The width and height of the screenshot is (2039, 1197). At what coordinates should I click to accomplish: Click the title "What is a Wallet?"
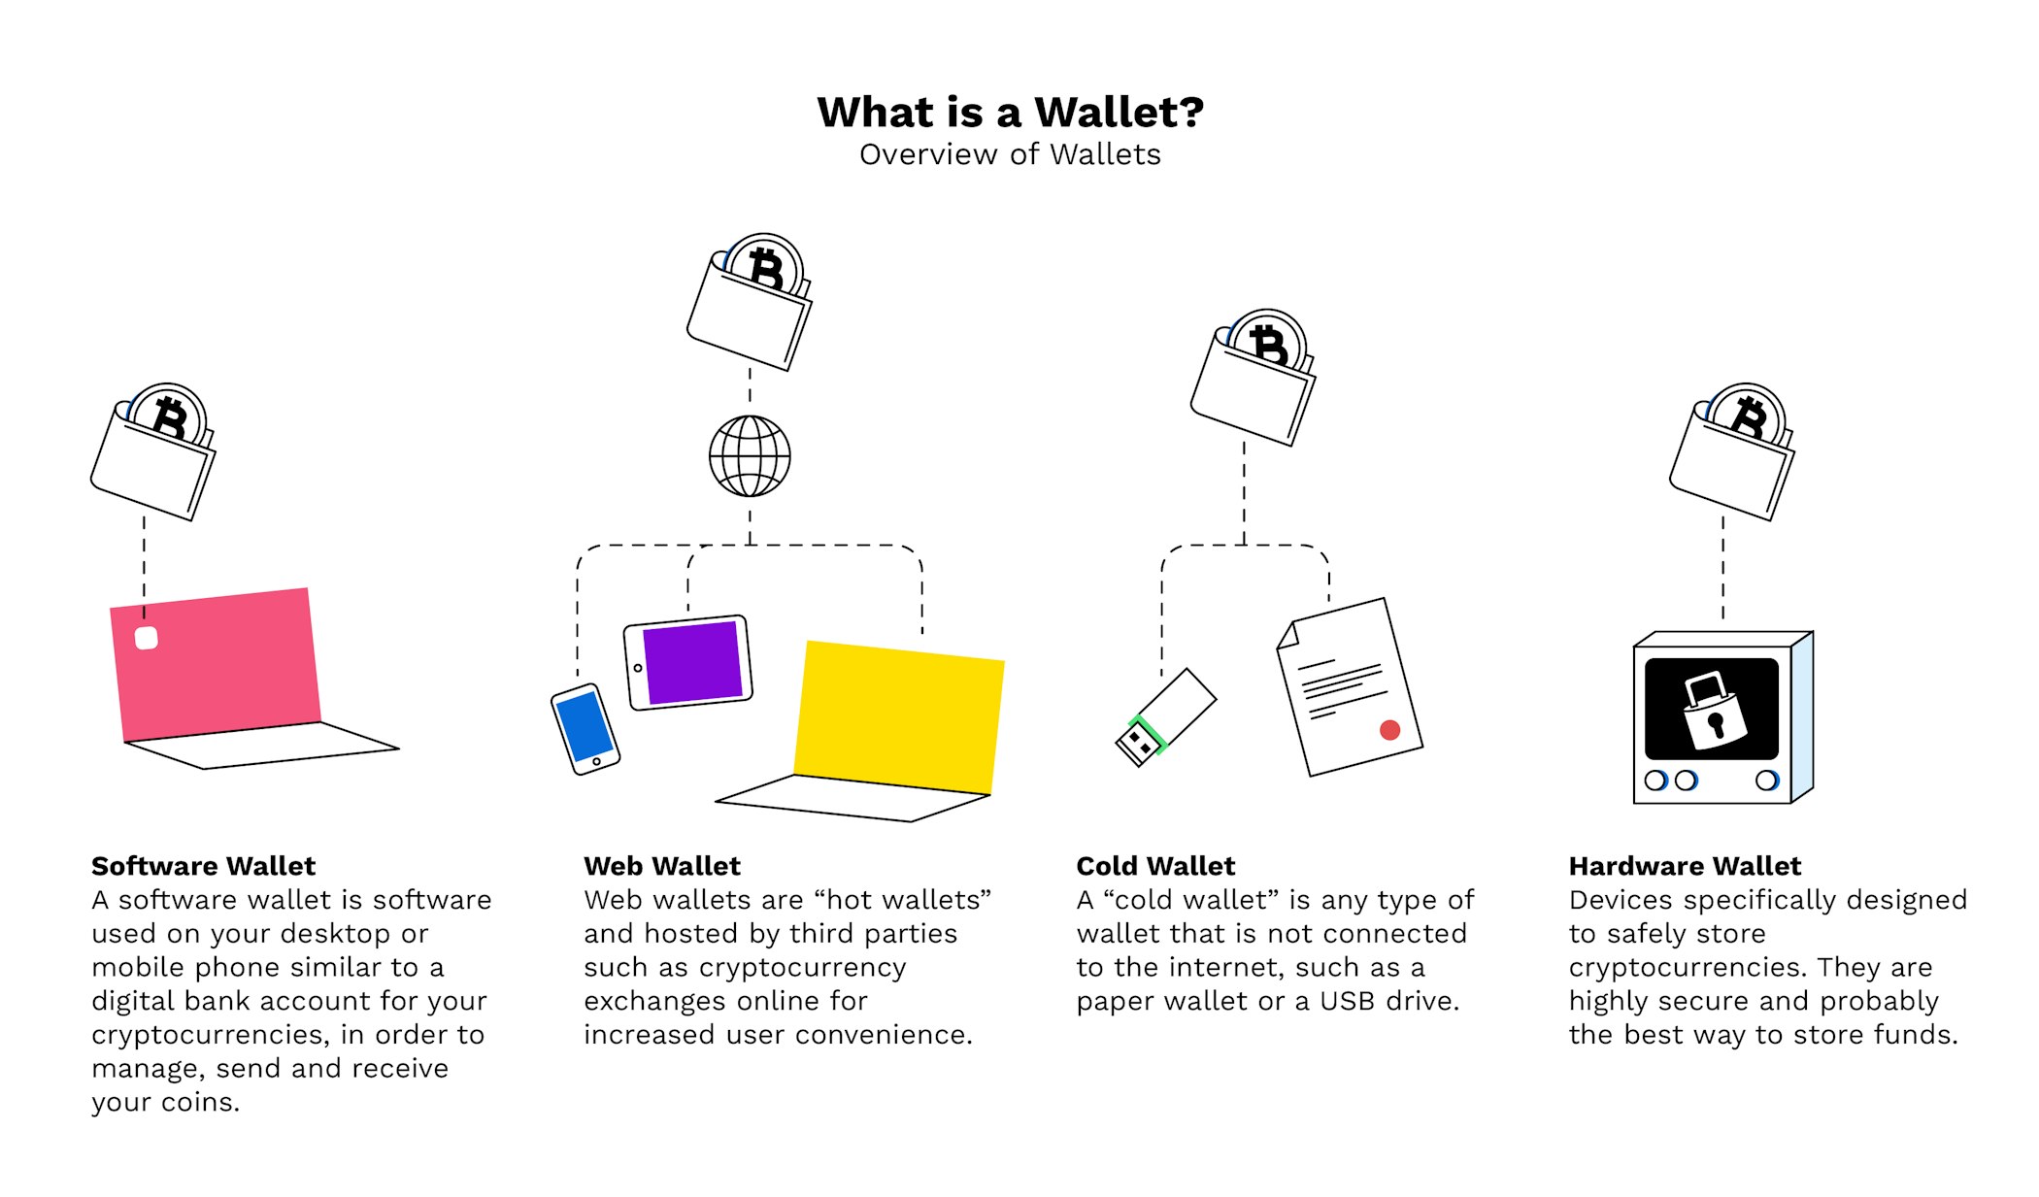pos(1010,113)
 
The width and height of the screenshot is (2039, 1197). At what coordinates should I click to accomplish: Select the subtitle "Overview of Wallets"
pos(1010,154)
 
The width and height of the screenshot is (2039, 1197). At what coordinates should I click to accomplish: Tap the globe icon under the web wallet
pos(750,456)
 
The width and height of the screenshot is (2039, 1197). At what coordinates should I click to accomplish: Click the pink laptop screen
pos(216,665)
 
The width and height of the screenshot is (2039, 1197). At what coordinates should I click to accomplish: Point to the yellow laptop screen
pos(899,717)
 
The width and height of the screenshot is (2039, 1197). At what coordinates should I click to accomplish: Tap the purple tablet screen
pos(692,663)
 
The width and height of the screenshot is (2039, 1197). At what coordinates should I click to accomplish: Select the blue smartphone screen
pos(585,726)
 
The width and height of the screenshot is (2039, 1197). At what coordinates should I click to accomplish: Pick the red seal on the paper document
pos(1390,730)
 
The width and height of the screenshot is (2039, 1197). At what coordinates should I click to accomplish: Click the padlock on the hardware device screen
pos(1714,712)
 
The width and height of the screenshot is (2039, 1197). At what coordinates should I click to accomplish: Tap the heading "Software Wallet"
pos(204,866)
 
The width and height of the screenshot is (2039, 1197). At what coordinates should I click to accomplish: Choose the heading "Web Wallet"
pos(662,866)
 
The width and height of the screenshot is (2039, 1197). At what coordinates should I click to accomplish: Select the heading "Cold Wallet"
pos(1155,866)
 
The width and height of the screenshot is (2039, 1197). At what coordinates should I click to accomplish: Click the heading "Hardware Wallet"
pos(1685,866)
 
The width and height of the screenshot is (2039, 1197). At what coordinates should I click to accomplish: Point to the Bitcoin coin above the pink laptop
pos(169,417)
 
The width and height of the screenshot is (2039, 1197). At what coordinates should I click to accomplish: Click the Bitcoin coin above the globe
pos(766,268)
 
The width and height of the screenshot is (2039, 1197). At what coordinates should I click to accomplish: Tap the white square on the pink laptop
pos(147,638)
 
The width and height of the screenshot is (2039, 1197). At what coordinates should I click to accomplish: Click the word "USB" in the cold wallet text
pos(1348,1001)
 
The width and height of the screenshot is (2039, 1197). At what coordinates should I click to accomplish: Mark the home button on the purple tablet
pos(638,669)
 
